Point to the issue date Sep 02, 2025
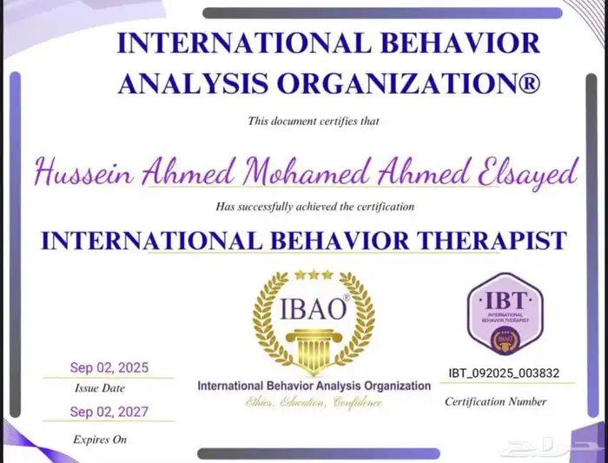coord(109,367)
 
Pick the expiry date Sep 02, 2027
coord(109,412)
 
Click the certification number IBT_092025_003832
coord(499,373)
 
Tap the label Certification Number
coord(495,401)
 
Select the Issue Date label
coord(99,387)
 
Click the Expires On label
coord(100,439)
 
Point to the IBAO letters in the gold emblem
coord(314,309)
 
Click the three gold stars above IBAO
coord(313,274)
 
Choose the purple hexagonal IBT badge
coord(505,314)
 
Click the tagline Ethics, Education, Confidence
coord(314,402)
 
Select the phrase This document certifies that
coord(314,121)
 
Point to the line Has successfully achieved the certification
coord(314,207)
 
